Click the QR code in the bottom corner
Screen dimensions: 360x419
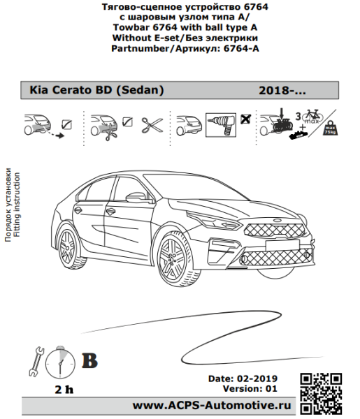coord(321,394)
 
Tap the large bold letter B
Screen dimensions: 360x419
coord(89,361)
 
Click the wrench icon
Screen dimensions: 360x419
coord(36,362)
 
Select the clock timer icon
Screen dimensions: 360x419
coord(60,362)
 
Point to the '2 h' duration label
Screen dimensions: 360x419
coord(64,390)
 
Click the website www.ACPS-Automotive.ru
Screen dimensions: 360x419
coord(212,405)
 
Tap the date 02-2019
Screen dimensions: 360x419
coord(257,378)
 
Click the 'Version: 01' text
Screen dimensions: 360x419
coord(250,388)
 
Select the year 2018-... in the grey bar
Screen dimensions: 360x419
coord(282,91)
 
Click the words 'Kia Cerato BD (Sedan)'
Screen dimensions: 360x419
coord(96,90)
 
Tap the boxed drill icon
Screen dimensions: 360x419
coord(221,125)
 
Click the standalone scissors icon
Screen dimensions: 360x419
coord(152,125)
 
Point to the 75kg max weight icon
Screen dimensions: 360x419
coord(330,128)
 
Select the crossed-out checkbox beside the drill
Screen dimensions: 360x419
coord(245,119)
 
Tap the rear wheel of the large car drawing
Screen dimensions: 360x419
coord(68,248)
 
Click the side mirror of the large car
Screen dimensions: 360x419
coord(136,197)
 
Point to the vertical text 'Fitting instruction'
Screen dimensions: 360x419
coord(17,205)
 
